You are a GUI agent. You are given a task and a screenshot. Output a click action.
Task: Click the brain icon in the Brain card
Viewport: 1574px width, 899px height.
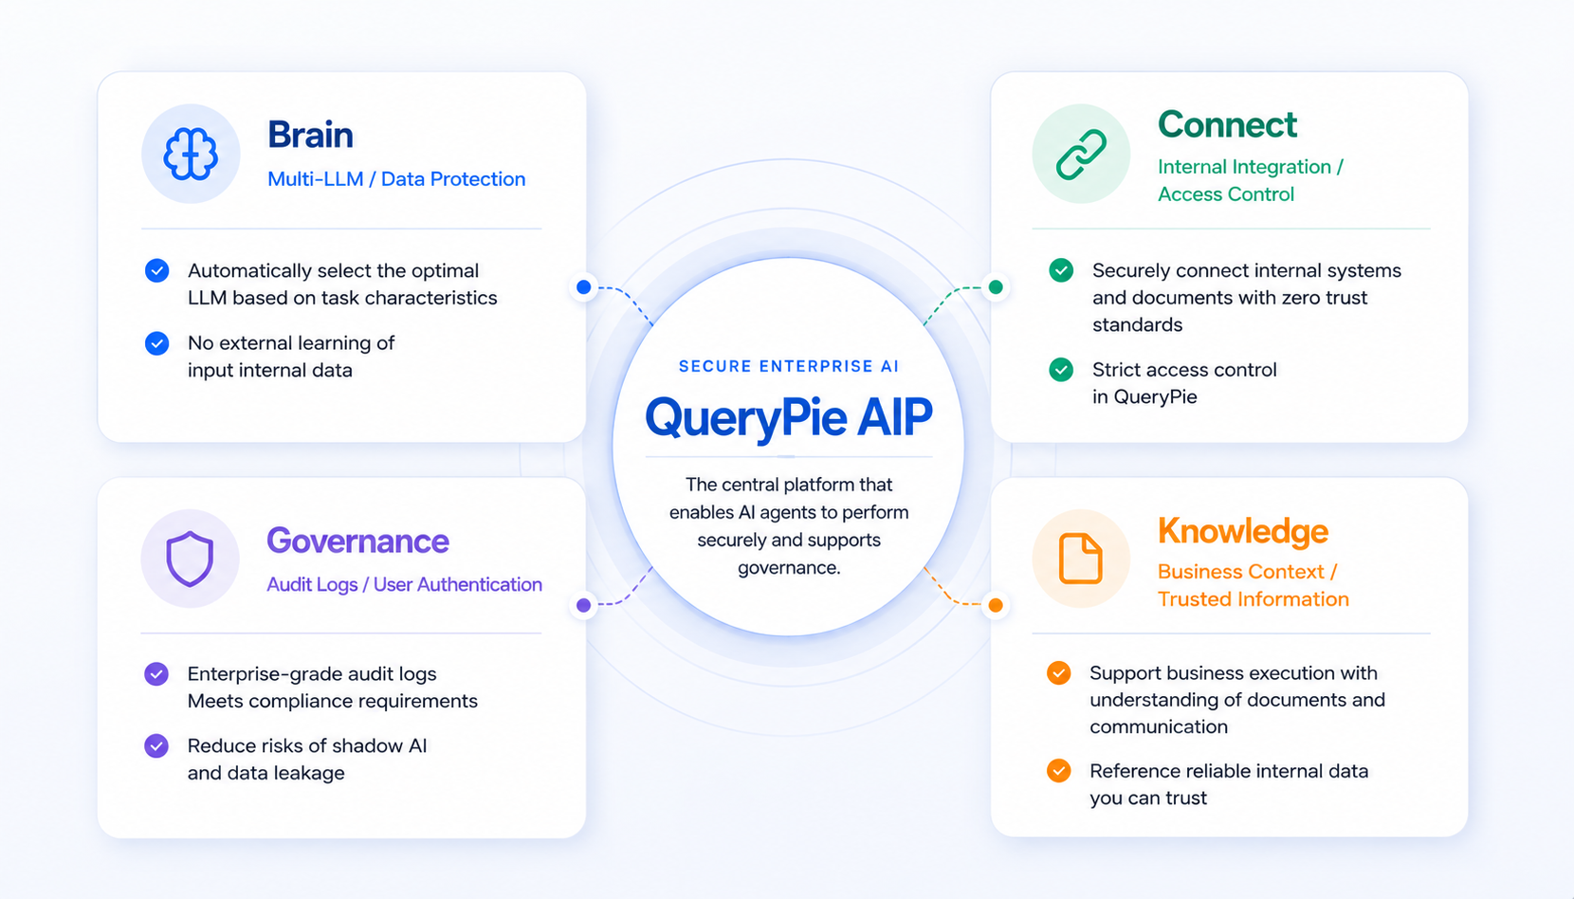point(191,154)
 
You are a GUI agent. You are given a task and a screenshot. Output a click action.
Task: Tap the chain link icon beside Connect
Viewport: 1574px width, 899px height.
point(1081,154)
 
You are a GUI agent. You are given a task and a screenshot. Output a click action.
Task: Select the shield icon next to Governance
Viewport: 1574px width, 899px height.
point(190,559)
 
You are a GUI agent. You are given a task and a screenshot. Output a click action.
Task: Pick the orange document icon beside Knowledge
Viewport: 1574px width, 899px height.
point(1080,559)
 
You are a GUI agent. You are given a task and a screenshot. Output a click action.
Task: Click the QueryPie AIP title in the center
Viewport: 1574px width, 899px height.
point(788,417)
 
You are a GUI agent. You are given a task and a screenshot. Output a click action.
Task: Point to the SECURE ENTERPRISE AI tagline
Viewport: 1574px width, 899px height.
point(788,366)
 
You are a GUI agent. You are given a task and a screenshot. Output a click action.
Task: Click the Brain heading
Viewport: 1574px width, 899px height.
point(310,135)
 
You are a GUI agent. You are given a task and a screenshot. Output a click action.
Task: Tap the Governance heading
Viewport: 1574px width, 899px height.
point(357,541)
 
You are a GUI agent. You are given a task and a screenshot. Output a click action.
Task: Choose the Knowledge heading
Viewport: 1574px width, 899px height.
point(1242,531)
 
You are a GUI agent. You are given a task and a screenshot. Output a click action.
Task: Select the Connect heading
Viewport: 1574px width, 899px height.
point(1227,124)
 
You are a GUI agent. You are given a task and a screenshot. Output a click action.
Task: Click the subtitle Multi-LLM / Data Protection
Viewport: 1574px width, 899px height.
point(396,179)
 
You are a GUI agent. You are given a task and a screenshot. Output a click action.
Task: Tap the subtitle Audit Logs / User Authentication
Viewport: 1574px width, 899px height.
point(404,584)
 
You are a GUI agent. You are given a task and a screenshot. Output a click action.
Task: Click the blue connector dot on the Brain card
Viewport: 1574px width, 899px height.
point(583,286)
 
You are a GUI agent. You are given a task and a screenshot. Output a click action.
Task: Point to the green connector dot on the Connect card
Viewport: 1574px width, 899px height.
point(996,286)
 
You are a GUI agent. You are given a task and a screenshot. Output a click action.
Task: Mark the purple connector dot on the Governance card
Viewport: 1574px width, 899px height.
point(583,605)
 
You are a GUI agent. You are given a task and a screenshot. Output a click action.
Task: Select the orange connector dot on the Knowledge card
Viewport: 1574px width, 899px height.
point(996,605)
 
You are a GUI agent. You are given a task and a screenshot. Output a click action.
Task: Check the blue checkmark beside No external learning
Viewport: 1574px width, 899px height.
point(156,343)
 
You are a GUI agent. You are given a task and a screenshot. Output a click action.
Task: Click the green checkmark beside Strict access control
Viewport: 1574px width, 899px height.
point(1061,370)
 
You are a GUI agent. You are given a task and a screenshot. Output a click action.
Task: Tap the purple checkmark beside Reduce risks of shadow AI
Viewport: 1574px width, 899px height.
point(156,745)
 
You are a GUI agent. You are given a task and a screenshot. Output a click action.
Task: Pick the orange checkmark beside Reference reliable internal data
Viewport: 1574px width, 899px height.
point(1058,771)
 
